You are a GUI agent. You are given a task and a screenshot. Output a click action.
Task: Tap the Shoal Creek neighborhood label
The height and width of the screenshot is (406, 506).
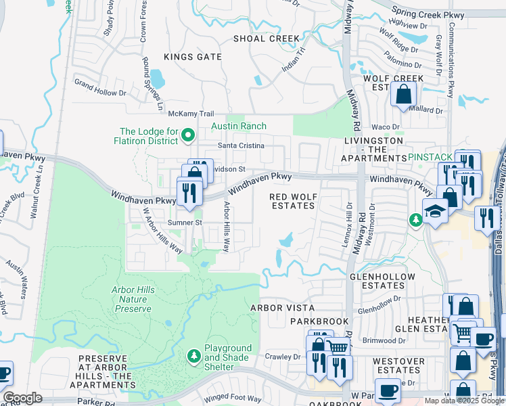tap(265, 39)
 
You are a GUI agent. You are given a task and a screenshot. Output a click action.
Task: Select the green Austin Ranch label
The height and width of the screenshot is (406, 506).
tap(239, 127)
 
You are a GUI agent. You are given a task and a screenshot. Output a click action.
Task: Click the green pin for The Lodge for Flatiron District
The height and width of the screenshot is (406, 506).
tap(189, 137)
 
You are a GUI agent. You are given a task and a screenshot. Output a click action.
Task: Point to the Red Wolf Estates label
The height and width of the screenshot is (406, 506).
tap(293, 202)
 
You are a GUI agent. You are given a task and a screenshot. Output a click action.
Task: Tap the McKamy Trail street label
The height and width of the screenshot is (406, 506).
tap(191, 114)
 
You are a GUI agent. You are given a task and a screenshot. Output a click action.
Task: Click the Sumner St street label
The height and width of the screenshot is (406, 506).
tap(185, 222)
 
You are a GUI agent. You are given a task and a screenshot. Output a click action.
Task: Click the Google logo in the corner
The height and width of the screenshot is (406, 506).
tap(22, 398)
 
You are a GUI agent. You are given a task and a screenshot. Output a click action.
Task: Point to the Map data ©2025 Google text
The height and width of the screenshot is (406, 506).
tap(463, 401)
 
